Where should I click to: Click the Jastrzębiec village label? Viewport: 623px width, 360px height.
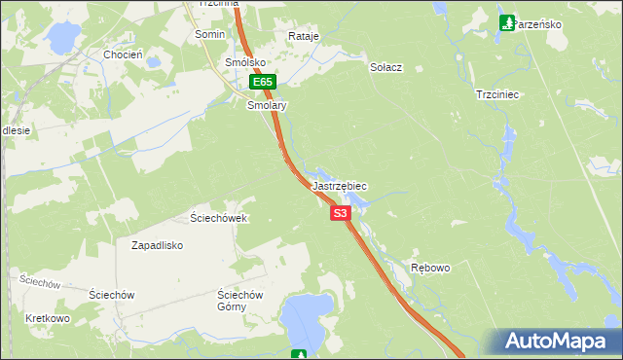[340, 185]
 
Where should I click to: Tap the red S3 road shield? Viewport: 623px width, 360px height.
[340, 212]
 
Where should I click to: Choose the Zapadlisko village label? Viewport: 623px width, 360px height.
[158, 245]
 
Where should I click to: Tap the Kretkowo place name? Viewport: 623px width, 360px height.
[48, 318]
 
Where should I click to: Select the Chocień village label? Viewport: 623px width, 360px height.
[124, 55]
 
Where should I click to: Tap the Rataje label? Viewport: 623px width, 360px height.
[304, 36]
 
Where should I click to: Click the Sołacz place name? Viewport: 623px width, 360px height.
[386, 68]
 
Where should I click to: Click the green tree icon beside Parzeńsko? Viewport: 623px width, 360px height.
[506, 21]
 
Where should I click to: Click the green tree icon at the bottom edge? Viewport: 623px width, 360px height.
[301, 355]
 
